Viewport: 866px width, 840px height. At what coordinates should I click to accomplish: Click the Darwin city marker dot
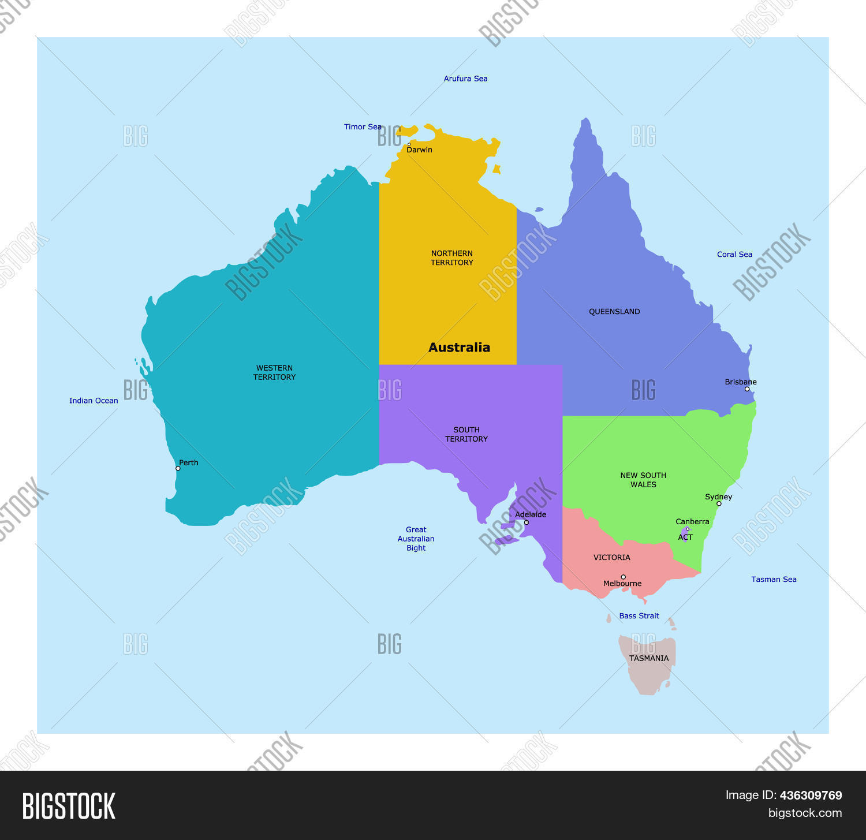pyautogui.click(x=409, y=144)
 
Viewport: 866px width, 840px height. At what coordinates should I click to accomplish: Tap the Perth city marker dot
pyautogui.click(x=178, y=468)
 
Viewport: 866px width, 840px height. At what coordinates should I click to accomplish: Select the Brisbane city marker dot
pyautogui.click(x=746, y=389)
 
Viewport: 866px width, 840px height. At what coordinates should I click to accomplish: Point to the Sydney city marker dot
pyautogui.click(x=719, y=503)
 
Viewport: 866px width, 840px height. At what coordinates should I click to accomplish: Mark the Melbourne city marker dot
pyautogui.click(x=623, y=577)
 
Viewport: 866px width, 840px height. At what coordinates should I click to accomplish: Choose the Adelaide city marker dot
pyautogui.click(x=526, y=522)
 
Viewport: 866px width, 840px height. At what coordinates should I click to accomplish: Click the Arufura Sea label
pyautogui.click(x=465, y=79)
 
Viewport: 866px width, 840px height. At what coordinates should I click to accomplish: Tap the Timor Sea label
pyautogui.click(x=363, y=127)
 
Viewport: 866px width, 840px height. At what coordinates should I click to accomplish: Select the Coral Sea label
pyautogui.click(x=734, y=254)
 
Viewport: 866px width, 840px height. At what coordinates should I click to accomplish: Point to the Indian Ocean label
pyautogui.click(x=94, y=401)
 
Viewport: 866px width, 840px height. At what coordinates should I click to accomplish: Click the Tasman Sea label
pyautogui.click(x=774, y=579)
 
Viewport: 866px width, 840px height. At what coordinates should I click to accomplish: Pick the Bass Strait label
pyautogui.click(x=639, y=616)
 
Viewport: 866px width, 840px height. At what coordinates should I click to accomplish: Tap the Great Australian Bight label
pyautogui.click(x=416, y=539)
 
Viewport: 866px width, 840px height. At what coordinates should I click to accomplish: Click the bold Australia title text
pyautogui.click(x=459, y=348)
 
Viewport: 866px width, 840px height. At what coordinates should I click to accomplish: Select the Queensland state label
pyautogui.click(x=614, y=312)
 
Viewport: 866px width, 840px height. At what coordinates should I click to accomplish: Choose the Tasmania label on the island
pyautogui.click(x=649, y=658)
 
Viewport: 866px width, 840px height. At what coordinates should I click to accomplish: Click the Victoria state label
pyautogui.click(x=612, y=558)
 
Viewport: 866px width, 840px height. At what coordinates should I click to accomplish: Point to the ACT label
pyautogui.click(x=685, y=537)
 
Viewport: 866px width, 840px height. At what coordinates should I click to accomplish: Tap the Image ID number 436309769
pyautogui.click(x=811, y=795)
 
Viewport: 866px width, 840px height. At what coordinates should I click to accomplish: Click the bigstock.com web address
pyautogui.click(x=805, y=813)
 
